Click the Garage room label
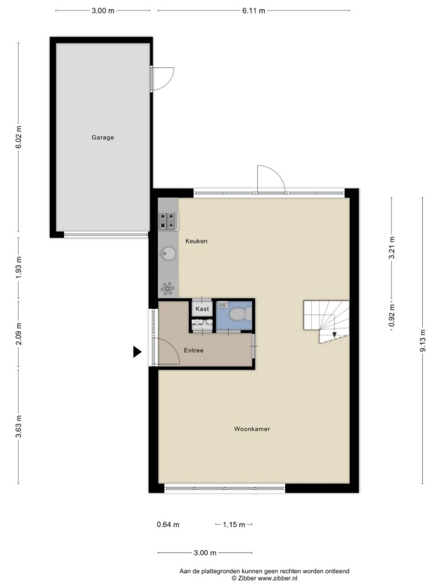[103, 137]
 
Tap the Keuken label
[196, 241]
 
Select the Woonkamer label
[252, 429]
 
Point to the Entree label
[194, 351]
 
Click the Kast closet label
[203, 309]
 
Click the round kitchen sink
[168, 254]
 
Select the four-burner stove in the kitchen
[168, 220]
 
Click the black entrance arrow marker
[137, 352]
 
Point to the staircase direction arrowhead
[334, 335]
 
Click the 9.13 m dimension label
[423, 340]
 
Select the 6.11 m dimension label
[254, 10]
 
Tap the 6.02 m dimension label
[19, 136]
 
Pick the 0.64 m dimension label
[168, 524]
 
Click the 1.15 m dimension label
[234, 524]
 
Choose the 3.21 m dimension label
[392, 248]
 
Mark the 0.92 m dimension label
[392, 315]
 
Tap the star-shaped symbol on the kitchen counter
[168, 288]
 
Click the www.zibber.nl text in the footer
[278, 578]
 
